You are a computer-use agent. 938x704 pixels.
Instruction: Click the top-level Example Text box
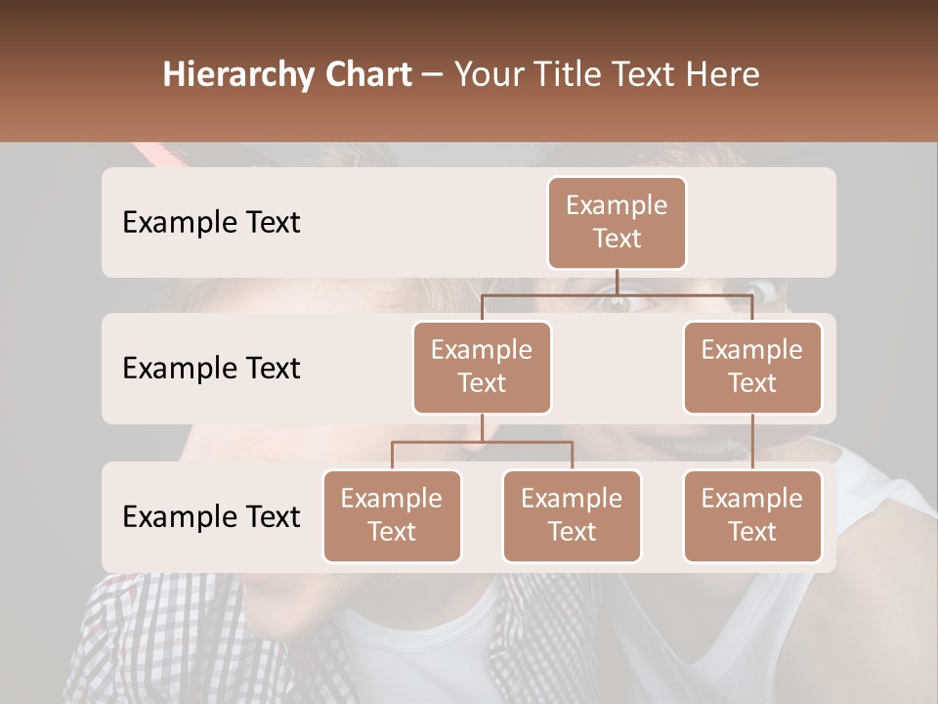[x=617, y=223]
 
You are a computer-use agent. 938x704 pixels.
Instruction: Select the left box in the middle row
[x=482, y=367]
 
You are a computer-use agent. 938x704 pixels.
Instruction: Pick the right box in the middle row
[x=752, y=367]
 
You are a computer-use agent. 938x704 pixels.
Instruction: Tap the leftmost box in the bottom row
[x=392, y=515]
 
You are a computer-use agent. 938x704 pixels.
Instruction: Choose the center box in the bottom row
[x=572, y=515]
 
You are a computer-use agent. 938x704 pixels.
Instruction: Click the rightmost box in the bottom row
[x=752, y=515]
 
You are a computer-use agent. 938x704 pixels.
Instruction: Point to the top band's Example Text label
[x=211, y=223]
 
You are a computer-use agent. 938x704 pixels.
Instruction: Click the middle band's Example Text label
[x=211, y=369]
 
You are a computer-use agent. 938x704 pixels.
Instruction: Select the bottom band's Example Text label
[x=211, y=517]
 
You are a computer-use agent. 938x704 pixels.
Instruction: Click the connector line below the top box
[x=617, y=282]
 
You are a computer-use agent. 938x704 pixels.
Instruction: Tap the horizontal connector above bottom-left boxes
[x=482, y=442]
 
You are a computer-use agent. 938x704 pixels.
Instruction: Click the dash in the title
[x=433, y=75]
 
